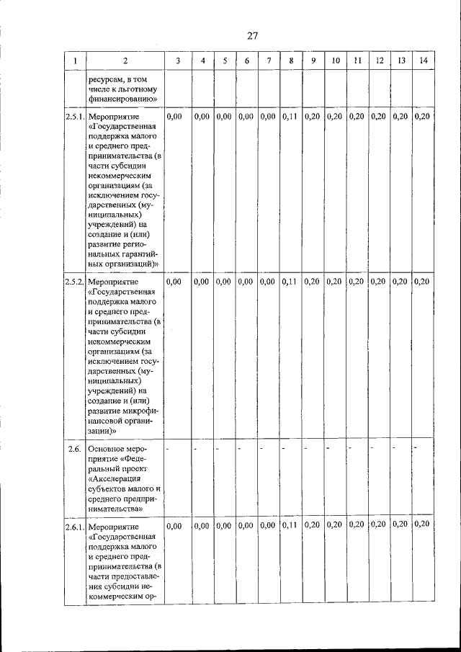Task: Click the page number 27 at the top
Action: coord(251,35)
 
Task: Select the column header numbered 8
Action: coord(291,61)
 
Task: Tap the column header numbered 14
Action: coord(423,61)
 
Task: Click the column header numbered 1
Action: coord(74,61)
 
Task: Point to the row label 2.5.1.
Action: coord(74,116)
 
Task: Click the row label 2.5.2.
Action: coord(74,281)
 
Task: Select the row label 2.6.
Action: coord(74,449)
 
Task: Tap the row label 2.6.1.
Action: coord(74,526)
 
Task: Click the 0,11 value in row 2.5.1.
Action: coord(290,116)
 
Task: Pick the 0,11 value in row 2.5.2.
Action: coord(290,281)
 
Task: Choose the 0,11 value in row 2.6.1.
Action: coord(290,525)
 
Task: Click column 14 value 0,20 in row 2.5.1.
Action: coord(423,116)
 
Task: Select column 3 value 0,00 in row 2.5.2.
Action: coord(174,281)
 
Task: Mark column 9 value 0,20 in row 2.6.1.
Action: coord(312,525)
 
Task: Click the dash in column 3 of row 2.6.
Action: coord(168,449)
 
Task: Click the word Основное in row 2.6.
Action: coord(107,449)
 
